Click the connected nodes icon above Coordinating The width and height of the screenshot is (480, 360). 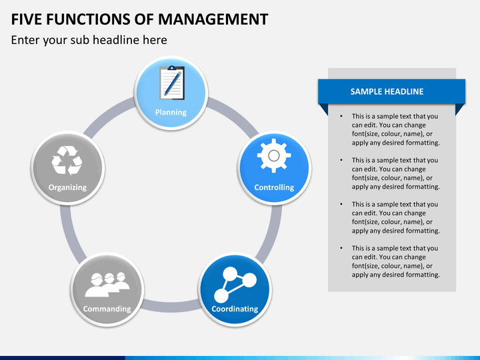234,283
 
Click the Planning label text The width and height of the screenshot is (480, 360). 171,112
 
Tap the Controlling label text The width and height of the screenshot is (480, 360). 274,188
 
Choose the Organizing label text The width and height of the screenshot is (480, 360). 67,187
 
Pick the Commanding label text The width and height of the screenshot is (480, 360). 107,309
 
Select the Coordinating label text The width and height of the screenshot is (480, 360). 235,309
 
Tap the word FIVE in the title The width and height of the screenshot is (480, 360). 27,19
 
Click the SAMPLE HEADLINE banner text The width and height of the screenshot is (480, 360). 387,92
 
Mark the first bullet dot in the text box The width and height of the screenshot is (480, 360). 341,117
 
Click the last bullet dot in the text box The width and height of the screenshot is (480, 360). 341,249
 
